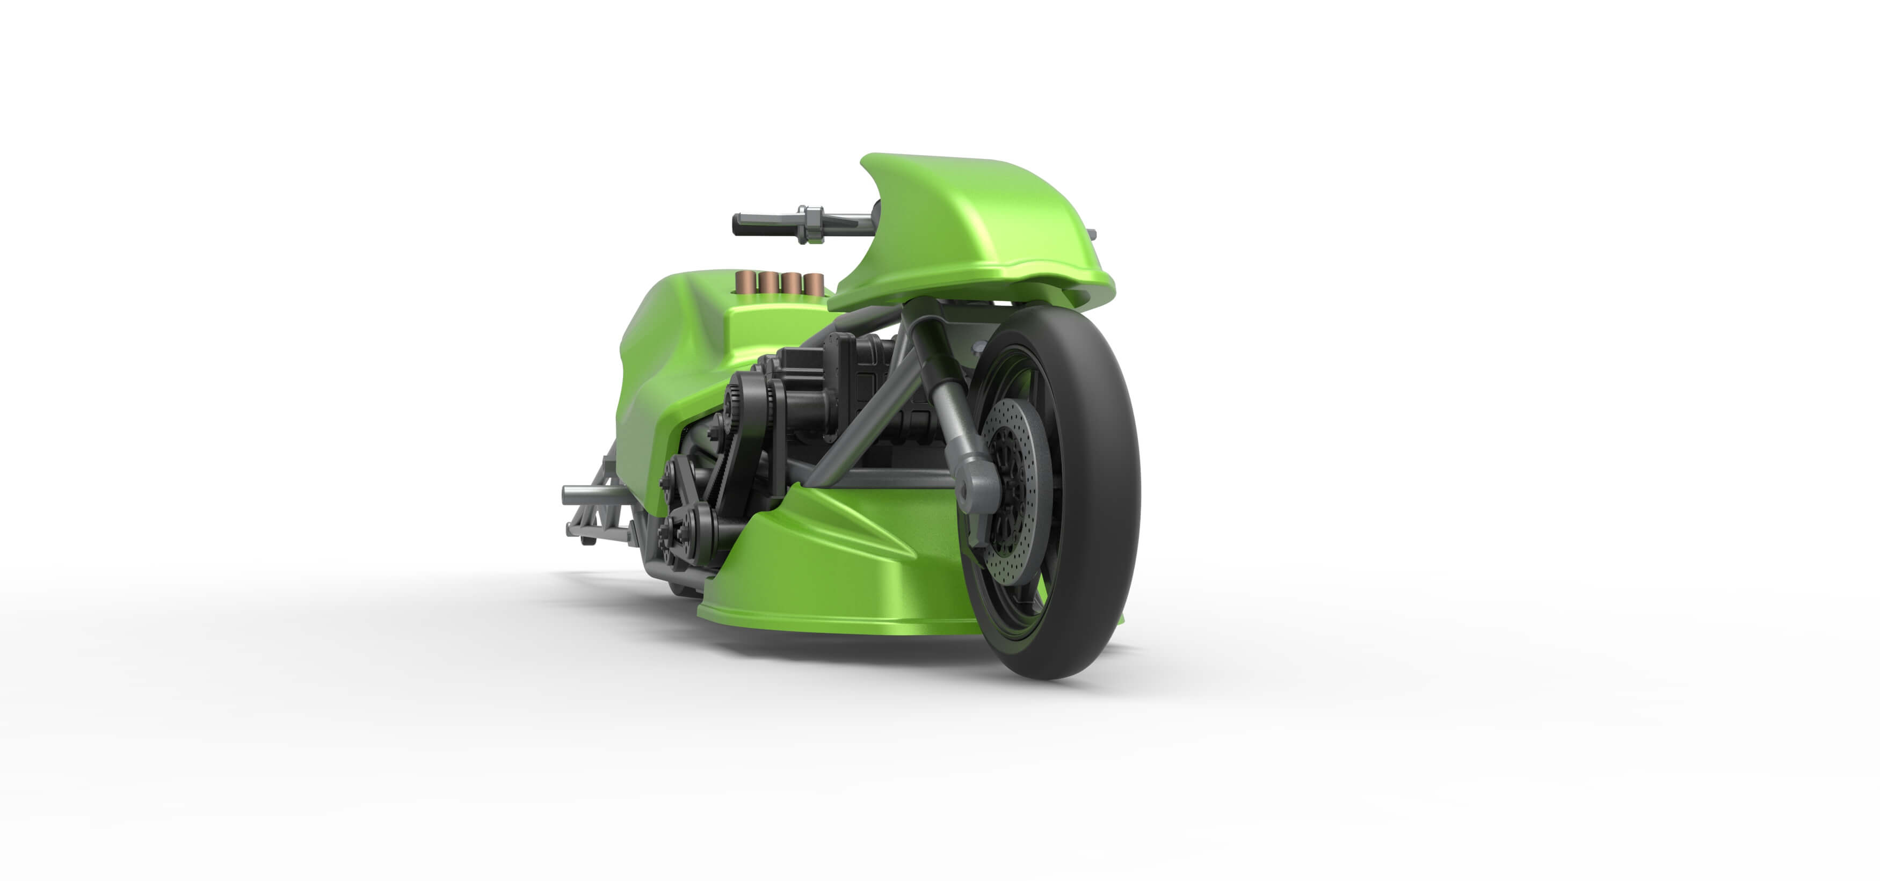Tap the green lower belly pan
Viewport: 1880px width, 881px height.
coord(839,577)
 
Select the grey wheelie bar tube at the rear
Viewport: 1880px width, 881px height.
coord(584,496)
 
